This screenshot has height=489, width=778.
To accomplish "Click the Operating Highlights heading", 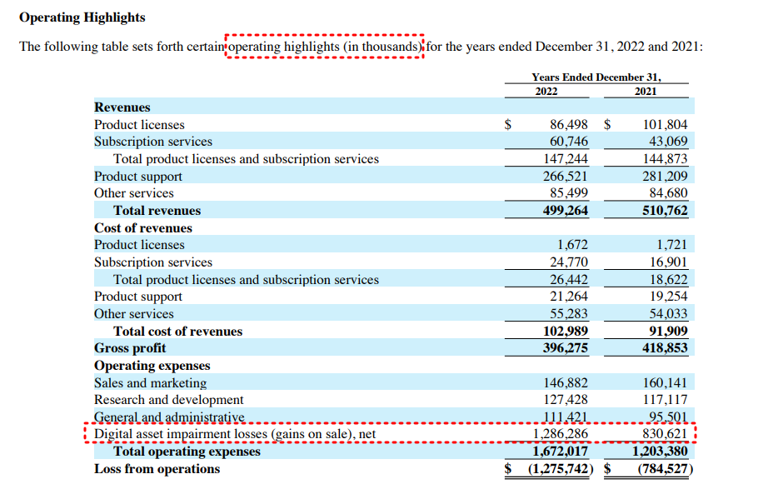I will pos(82,17).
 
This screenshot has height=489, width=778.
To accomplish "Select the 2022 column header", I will pos(546,91).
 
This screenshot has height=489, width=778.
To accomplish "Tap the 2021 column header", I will pos(646,91).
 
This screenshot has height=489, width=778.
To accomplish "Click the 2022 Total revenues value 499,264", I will pos(566,211).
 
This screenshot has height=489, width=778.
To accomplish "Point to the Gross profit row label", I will pos(130,348).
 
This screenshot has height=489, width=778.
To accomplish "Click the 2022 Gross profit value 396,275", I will pos(566,348).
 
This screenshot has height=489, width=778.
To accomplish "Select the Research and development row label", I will pos(169,400).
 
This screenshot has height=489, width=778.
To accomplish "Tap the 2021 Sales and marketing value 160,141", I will pos(666,383).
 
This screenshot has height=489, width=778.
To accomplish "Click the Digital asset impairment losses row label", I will pos(236,434).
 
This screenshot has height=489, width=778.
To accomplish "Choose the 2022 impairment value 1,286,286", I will pos(560,434).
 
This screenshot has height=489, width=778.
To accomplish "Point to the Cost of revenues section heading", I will pos(143,227).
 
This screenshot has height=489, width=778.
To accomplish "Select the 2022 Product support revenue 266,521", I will pos(566,177).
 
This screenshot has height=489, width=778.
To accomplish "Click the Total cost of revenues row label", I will pos(177,331).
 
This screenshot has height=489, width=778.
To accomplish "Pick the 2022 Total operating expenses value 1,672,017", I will pos(560,452).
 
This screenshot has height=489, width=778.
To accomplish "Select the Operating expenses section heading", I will pos(152,366).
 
